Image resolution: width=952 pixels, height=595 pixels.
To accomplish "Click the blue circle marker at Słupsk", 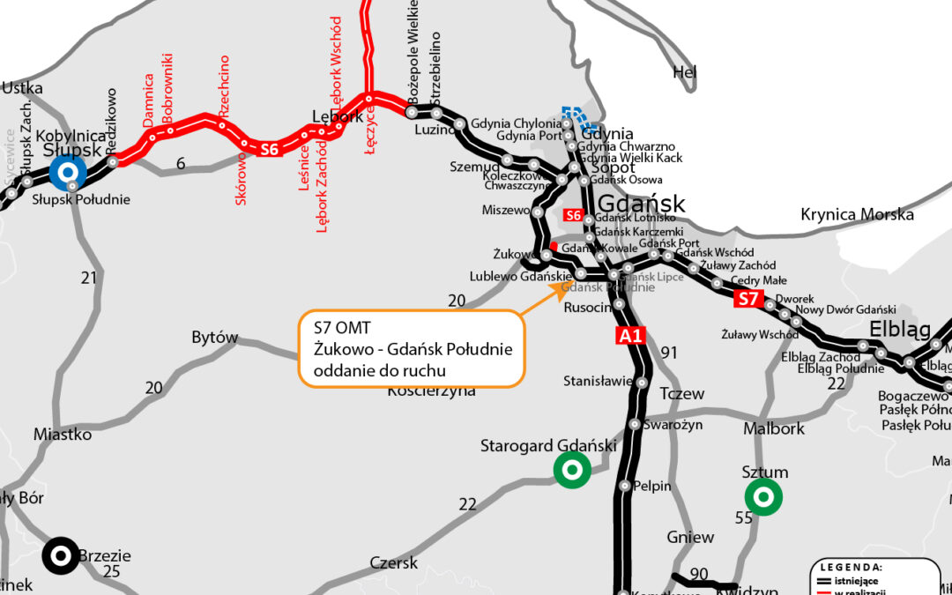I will click(x=67, y=173).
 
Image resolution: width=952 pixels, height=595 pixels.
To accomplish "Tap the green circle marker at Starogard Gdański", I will click(x=571, y=470).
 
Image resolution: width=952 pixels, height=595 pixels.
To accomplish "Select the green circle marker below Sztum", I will click(x=763, y=498).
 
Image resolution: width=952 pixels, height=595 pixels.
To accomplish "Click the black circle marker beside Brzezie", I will click(x=61, y=555).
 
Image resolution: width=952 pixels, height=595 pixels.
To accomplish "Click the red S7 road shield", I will click(x=748, y=299).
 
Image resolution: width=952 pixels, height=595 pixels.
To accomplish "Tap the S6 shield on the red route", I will click(x=270, y=149).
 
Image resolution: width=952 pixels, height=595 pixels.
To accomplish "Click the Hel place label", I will click(x=684, y=72).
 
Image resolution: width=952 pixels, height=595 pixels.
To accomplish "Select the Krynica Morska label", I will click(x=857, y=214).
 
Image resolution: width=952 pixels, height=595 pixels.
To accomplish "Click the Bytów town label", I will click(x=215, y=338).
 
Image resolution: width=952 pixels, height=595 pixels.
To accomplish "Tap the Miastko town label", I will click(x=63, y=434).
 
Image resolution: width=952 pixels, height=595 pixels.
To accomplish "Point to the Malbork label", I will click(x=774, y=428).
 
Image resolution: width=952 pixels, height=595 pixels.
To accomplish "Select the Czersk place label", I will click(x=394, y=562).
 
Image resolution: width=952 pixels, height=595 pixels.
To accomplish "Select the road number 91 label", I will click(x=669, y=353).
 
